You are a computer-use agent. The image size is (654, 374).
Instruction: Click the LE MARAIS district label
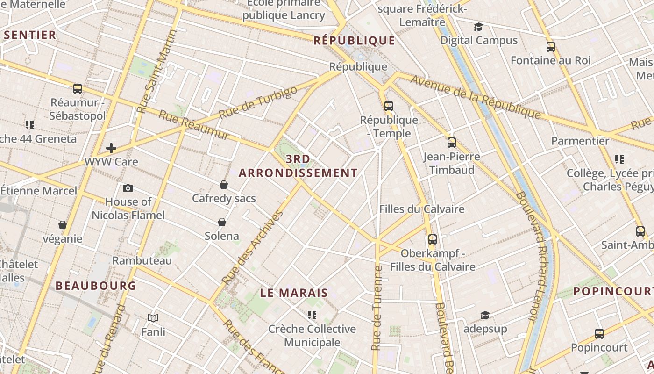pos(294,293)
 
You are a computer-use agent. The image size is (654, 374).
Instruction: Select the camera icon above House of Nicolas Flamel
pos(128,188)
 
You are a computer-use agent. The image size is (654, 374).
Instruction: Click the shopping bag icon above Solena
pos(222,222)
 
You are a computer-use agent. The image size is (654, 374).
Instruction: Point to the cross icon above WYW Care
pos(111,148)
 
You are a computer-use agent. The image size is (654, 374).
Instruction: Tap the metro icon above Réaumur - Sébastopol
pos(78,88)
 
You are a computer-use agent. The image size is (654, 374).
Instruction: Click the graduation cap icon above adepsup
pos(485,315)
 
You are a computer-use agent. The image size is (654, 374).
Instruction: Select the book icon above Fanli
pos(153,318)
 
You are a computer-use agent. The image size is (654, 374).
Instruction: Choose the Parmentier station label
pos(580,141)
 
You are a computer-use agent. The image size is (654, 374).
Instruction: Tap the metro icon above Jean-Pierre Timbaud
pos(451,142)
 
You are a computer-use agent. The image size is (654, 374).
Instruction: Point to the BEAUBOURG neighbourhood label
pos(96,286)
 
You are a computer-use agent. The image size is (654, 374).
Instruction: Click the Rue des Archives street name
pos(253,248)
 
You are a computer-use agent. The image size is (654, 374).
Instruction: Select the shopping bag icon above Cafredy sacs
pos(224,185)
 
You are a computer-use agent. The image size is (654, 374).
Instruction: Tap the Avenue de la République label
pos(475,97)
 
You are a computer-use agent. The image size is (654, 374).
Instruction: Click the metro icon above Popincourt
pos(599,334)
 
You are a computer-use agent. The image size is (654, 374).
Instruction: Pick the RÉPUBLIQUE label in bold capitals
pos(354,41)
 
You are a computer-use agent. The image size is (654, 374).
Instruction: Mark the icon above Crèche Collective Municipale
pos(312,315)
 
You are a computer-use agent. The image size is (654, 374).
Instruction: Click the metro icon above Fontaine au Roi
pos(551,47)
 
